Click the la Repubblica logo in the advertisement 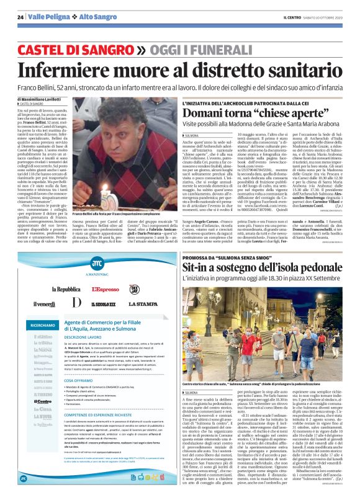point(66,290)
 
